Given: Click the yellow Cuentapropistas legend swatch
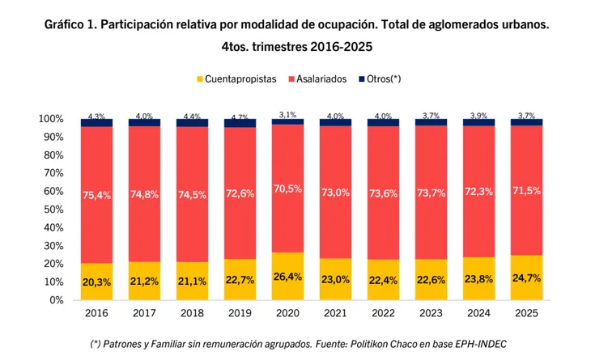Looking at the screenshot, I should (x=198, y=79).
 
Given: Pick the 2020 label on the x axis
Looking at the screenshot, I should (x=287, y=312).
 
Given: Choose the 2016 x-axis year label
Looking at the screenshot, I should (x=96, y=312).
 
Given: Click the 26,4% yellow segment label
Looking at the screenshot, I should (x=287, y=277).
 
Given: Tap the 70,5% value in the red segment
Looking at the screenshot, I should (x=287, y=188).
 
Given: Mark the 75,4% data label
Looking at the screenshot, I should (x=96, y=194).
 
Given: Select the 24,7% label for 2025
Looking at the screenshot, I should (x=526, y=278).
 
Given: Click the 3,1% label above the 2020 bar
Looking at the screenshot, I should (x=287, y=114).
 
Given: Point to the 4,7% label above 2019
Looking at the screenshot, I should (x=240, y=117).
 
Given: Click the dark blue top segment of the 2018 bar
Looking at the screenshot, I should (x=192, y=123).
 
